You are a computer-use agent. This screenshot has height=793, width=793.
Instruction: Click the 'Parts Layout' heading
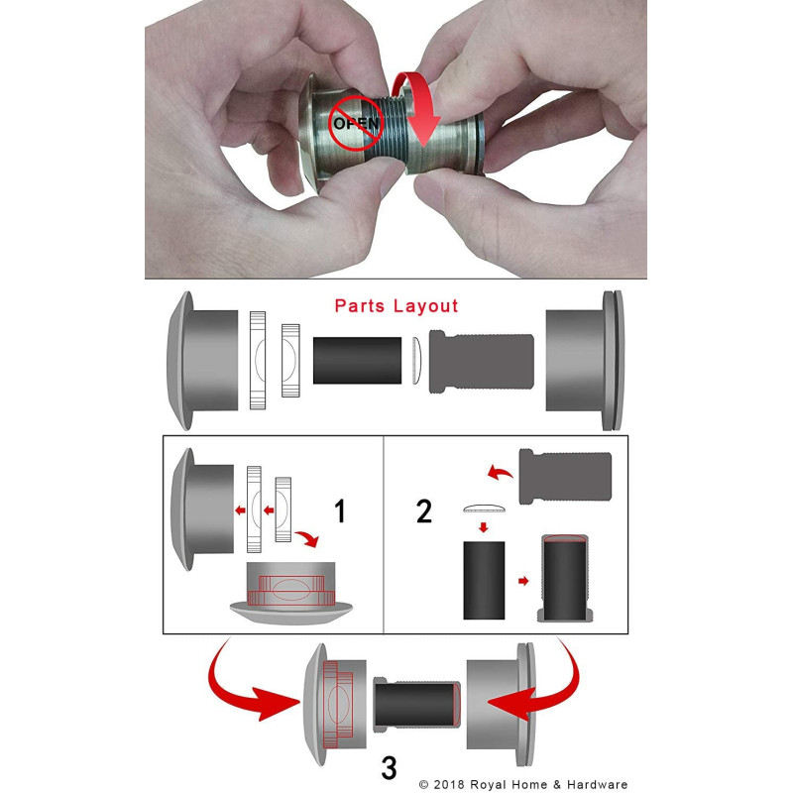[396, 305]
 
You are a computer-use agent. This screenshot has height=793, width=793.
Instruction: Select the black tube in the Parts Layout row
[357, 359]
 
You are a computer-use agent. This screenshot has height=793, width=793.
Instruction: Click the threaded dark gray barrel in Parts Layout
[480, 359]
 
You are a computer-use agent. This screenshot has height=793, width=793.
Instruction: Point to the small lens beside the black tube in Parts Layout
[414, 359]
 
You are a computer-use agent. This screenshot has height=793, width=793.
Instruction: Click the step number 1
[340, 512]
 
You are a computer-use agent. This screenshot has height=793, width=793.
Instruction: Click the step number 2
[424, 512]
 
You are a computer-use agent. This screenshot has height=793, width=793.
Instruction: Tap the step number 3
[389, 765]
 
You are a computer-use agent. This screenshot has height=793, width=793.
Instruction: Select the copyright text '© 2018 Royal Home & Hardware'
[523, 784]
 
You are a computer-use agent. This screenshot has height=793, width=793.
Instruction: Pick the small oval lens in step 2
[484, 509]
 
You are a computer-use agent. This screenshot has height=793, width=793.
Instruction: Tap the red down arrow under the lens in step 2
[484, 528]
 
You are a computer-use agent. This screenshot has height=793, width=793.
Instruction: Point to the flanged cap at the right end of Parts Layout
[585, 360]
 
